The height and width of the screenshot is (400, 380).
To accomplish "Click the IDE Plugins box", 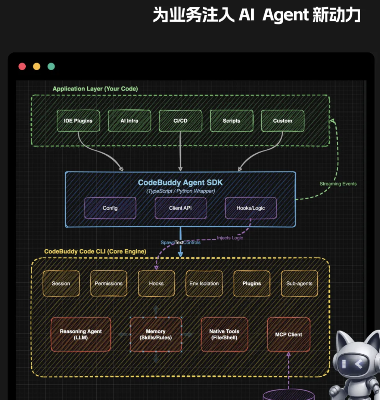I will coord(78,121).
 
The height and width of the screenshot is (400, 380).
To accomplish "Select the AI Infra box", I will coord(129,121).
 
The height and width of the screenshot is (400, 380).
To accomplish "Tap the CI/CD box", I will coord(180,121).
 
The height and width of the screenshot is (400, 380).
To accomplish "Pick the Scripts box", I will coord(232,121).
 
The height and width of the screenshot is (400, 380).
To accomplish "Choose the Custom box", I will coord(283,121).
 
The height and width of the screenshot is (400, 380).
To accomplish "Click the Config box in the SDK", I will coord(110,208).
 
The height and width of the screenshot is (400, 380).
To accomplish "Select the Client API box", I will coord(180,208).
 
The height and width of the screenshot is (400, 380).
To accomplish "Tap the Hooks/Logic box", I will coord(251,208).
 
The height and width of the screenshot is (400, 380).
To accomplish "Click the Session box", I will coord(61,283).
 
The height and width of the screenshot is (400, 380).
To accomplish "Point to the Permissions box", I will coord(109,283).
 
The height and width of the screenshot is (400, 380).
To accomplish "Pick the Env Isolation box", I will coord(204,283).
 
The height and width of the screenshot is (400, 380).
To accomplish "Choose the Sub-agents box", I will coord(299,283).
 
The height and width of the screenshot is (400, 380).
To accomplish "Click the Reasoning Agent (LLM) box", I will coord(81,334).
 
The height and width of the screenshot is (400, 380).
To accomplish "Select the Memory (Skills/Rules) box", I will coord(156,334).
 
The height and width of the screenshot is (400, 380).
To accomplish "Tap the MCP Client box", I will coord(289,334).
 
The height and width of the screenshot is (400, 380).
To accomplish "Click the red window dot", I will coord(22,66).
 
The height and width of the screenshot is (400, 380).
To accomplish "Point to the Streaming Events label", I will coord(338,184).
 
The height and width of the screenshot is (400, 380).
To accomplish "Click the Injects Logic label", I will coord(230,238).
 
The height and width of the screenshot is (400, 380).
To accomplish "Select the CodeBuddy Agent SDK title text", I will coord(180,183).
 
